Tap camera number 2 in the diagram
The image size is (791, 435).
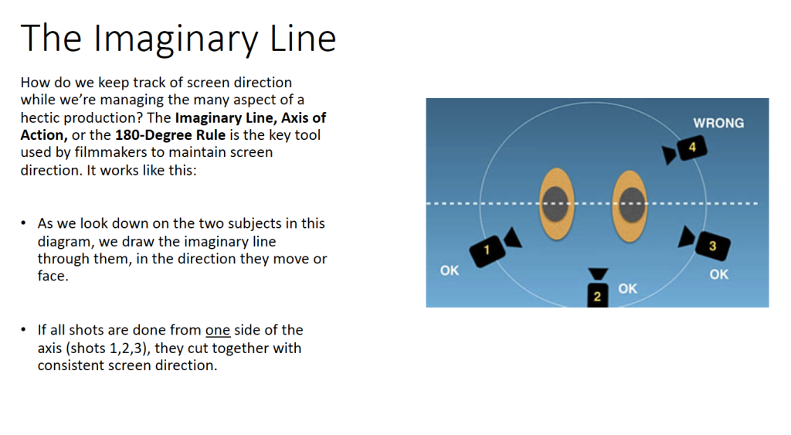pos(598,287)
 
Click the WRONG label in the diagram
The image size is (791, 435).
pos(718,123)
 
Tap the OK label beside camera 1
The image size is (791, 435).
pos(450,270)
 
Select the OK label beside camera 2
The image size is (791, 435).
pos(627,289)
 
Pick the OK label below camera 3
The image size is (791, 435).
pos(719,274)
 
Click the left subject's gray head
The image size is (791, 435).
pos(556,204)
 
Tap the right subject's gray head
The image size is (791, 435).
pos(630,204)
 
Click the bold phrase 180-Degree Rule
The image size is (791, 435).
pos(170,135)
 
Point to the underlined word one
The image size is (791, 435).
pos(217,331)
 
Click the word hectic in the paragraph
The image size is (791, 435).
pos(39,117)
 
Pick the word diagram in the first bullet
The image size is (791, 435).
pos(66,243)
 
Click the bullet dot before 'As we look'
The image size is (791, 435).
pos(23,223)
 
